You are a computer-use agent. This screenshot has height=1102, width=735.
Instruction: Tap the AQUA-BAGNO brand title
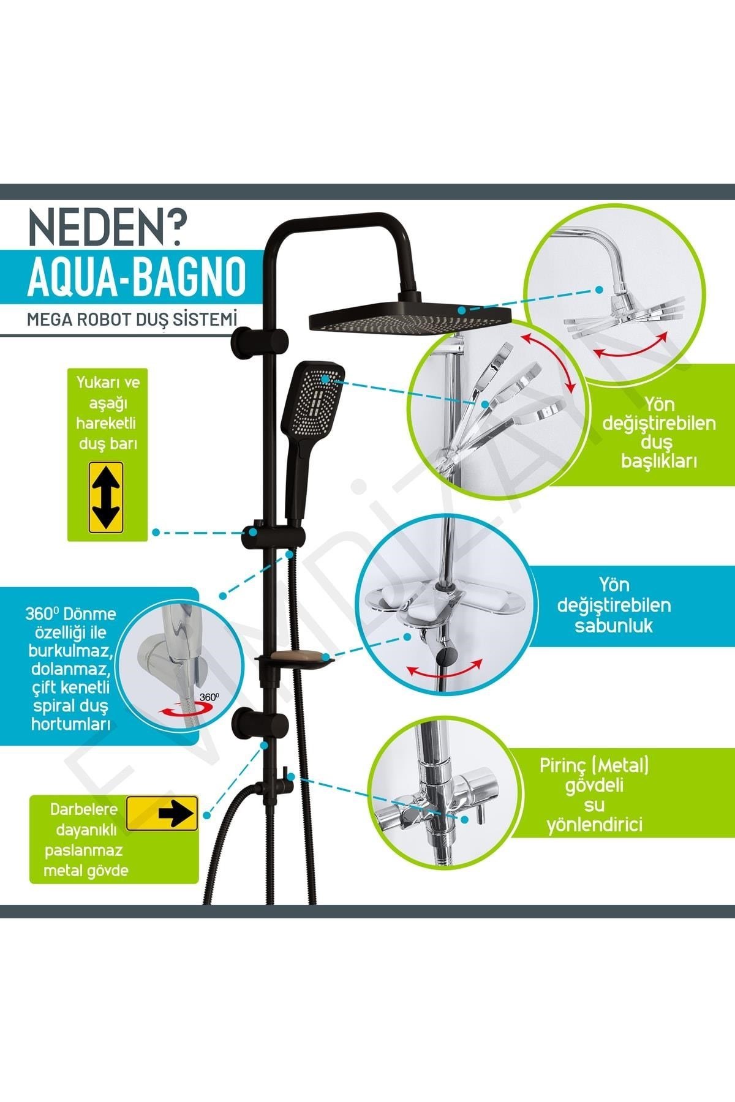tap(137, 277)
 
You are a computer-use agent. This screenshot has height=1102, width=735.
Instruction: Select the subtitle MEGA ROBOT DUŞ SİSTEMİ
tap(132, 319)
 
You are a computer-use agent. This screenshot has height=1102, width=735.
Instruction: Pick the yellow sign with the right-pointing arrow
tap(162, 813)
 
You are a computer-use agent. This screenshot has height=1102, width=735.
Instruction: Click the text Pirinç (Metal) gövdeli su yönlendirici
tap(594, 795)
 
